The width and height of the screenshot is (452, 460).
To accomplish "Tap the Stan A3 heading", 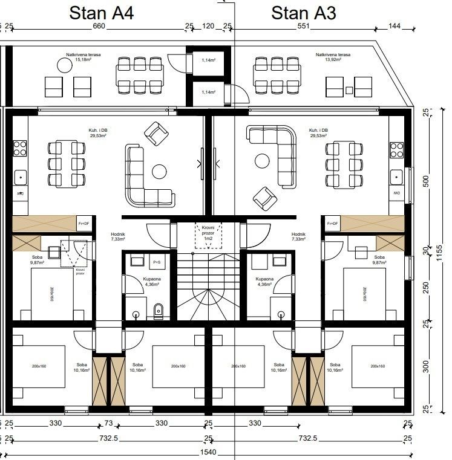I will point(303,13).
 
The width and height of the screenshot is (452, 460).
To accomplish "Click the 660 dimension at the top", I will point(99,27).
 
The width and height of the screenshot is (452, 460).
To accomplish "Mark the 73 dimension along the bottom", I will point(109,423).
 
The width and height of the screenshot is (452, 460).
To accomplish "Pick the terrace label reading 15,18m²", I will point(84,57).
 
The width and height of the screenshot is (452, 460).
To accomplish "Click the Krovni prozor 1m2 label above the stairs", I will point(208,234).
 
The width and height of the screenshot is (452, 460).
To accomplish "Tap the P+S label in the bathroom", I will point(156,262).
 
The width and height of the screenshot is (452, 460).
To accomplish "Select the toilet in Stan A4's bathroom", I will point(159,311).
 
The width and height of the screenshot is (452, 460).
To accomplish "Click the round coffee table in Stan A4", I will point(160,171).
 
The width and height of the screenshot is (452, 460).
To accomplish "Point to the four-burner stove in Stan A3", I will point(397,149).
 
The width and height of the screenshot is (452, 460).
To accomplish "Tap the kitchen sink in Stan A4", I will point(20,177).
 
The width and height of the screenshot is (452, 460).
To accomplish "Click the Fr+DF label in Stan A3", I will point(332,224).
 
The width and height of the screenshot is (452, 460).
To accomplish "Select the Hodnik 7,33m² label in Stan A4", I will point(117,236).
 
